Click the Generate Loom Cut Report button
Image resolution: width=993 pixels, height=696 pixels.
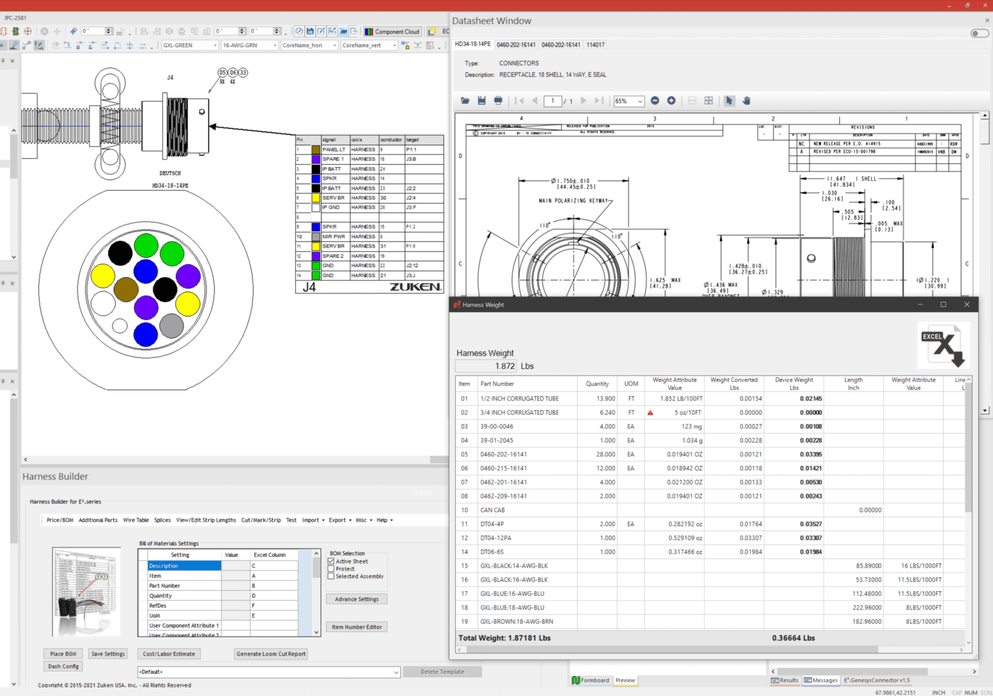tap(271, 654)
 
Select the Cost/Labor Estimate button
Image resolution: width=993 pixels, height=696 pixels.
tap(169, 654)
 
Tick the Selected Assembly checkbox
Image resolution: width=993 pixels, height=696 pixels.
tap(332, 576)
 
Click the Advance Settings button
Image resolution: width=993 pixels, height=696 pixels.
tap(357, 599)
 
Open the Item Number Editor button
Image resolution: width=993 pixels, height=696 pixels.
tap(357, 627)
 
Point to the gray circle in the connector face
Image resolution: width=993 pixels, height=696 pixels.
tap(171, 326)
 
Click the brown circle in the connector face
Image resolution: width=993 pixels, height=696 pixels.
tap(125, 290)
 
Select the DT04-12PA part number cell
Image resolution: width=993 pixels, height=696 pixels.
tap(496, 538)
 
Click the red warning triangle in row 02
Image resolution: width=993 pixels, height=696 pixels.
tap(650, 413)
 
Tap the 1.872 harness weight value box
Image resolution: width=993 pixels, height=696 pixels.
tap(486, 366)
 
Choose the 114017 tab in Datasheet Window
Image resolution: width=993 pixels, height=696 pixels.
tap(595, 45)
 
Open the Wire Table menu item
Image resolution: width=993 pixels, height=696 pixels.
tap(136, 520)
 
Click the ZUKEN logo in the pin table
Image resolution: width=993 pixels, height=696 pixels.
tap(415, 287)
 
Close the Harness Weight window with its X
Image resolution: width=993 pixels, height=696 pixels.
tap(966, 304)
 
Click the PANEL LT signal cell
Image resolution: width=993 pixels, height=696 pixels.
tap(334, 149)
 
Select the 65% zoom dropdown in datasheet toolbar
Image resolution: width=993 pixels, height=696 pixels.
tap(628, 101)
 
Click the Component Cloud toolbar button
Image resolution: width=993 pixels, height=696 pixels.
tap(392, 32)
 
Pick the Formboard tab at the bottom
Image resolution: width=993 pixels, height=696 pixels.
tap(591, 680)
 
